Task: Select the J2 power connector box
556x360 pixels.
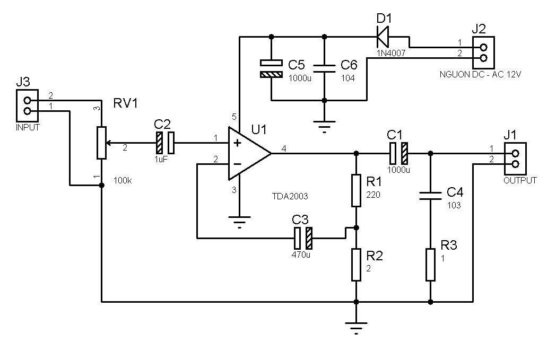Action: point(483,52)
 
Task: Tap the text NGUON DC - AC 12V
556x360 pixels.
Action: point(480,75)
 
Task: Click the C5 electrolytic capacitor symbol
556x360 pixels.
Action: point(272,68)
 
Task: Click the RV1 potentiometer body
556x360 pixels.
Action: point(101,142)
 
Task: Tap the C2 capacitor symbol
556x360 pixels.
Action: point(165,142)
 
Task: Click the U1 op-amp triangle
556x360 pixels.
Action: point(247,153)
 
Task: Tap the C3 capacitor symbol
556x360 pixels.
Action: point(303,238)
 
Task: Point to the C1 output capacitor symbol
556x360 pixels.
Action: point(398,153)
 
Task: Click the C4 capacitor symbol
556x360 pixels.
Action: point(430,196)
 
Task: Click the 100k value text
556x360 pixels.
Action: point(123,181)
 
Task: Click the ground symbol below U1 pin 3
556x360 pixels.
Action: point(240,222)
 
